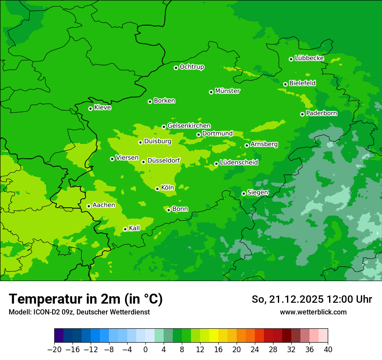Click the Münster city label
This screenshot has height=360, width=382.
click(227, 91)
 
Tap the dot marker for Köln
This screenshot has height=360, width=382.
click(157, 189)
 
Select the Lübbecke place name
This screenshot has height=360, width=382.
click(309, 58)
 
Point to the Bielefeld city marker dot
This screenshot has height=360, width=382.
click(285, 84)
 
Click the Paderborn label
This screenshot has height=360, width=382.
click(321, 113)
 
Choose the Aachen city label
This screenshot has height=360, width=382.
click(104, 205)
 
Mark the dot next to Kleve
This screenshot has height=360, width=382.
click(90, 108)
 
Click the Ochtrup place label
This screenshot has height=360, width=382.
click(191, 67)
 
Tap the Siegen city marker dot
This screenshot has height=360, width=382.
click(244, 193)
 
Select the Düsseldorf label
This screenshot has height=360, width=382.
click(164, 160)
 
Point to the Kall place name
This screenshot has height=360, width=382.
click(135, 228)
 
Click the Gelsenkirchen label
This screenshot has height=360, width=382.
click(189, 126)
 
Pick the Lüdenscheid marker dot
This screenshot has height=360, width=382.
click(216, 164)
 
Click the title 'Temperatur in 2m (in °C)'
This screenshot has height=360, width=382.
click(86, 299)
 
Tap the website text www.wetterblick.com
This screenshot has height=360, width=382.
click(313, 312)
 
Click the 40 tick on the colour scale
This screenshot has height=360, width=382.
click(328, 350)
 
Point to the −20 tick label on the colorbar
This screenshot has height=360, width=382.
click(54, 350)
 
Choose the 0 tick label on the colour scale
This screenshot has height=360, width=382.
click(145, 350)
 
